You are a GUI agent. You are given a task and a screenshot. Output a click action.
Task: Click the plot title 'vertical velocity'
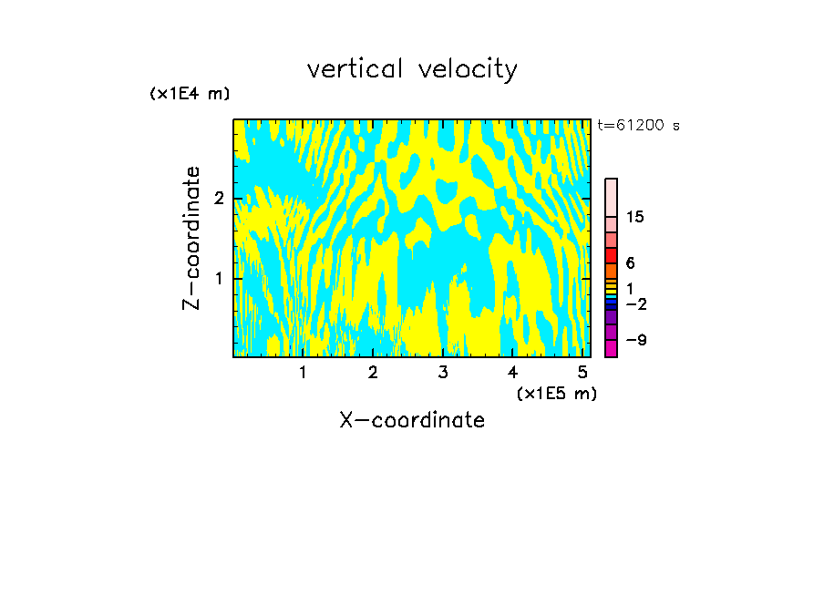pos(412,69)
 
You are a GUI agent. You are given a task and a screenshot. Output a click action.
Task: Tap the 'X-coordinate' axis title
pos(412,420)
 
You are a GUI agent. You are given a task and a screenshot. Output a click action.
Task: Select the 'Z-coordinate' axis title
pos(192,238)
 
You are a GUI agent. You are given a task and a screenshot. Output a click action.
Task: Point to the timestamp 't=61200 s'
pos(638,126)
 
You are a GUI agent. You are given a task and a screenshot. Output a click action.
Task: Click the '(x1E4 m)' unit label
pos(190,94)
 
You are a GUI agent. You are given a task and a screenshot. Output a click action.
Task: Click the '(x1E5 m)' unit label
pos(556,393)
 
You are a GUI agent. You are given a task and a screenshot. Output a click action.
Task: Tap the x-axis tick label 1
pos(304,373)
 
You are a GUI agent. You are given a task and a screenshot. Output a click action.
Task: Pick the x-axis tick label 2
pos(373,373)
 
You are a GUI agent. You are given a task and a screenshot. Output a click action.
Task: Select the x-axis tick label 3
pos(443,373)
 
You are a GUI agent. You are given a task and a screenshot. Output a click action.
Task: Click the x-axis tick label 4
pos(512,373)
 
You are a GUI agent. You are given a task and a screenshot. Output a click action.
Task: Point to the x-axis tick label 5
pos(582,373)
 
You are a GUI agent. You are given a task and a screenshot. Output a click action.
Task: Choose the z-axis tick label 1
pos(219,277)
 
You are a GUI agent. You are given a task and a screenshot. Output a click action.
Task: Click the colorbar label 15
pos(635,217)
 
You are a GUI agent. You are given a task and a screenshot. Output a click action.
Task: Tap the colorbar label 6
pos(630,263)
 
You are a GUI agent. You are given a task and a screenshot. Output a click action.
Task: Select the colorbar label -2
pos(635,303)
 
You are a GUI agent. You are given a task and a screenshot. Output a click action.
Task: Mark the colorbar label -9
pos(635,340)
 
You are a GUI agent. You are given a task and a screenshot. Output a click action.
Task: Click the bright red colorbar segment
pos(612,255)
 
